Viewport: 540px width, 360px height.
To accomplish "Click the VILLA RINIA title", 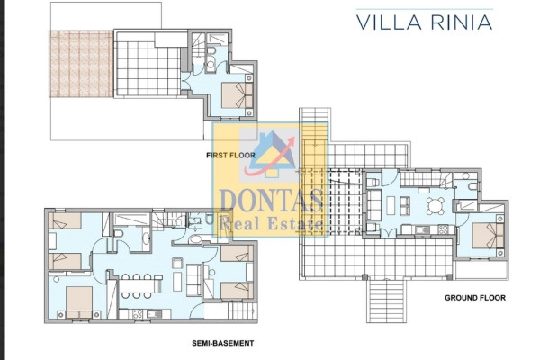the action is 424,22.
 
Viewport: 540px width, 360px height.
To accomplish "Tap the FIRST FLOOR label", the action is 230,156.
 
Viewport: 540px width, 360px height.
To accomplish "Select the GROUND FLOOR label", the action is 475,298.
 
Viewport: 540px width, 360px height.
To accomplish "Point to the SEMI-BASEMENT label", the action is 223,343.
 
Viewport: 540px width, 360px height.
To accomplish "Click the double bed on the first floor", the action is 237,95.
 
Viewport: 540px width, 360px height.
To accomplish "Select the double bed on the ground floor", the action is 488,236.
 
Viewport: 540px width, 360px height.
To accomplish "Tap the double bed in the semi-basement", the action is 79,302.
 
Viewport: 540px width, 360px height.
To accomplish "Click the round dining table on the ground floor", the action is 436,206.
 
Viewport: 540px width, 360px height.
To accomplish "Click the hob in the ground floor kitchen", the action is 443,229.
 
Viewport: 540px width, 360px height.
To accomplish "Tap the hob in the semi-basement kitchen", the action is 138,314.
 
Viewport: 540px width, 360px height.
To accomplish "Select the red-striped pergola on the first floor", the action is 81,64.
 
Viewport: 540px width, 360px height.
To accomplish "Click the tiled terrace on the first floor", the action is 148,69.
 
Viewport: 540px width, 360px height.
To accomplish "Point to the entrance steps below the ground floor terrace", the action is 387,300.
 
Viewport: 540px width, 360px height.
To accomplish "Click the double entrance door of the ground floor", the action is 389,233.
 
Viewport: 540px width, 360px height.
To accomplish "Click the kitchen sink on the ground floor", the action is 422,229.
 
